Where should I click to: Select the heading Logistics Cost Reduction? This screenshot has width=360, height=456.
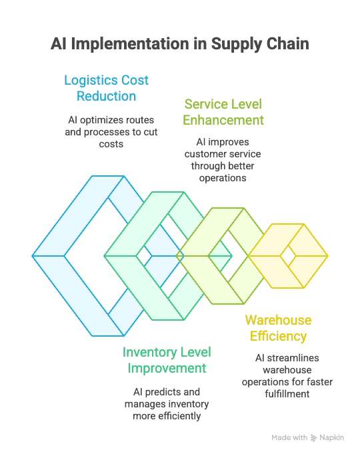pyautogui.click(x=106, y=88)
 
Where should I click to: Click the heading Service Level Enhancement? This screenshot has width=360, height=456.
pyautogui.click(x=223, y=112)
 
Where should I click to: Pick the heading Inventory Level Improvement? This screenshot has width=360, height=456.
pyautogui.click(x=167, y=360)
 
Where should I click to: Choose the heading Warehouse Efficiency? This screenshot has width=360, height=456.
pyautogui.click(x=278, y=328)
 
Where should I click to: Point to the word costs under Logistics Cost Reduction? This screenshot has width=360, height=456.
pyautogui.click(x=111, y=144)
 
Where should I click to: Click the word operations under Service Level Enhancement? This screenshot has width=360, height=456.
pyautogui.click(x=223, y=178)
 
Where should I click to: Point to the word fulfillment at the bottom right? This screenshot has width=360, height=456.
pyautogui.click(x=287, y=394)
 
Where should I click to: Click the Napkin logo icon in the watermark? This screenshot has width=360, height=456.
pyautogui.click(x=313, y=438)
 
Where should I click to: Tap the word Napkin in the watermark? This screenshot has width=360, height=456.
pyautogui.click(x=331, y=438)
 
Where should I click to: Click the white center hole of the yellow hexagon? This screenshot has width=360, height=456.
pyautogui.click(x=288, y=256)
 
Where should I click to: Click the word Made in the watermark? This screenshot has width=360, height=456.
pyautogui.click(x=281, y=438)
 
